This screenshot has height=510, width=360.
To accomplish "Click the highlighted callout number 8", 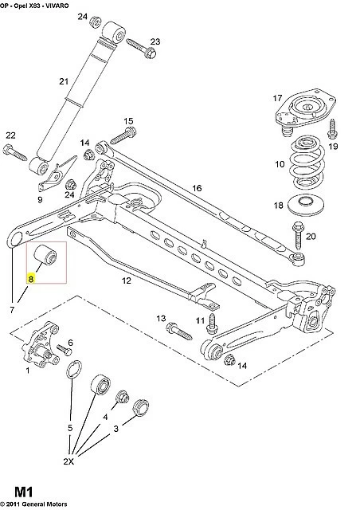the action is click(31, 279).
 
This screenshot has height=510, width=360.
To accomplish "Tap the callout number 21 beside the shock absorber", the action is click(64, 81).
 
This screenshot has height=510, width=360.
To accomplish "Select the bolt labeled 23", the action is click(141, 48).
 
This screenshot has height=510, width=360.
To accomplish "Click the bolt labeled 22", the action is click(15, 152).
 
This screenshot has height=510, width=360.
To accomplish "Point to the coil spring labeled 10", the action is click(307, 163).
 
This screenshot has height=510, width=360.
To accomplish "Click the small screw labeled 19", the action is click(333, 129).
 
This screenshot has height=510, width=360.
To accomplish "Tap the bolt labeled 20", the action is click(298, 236).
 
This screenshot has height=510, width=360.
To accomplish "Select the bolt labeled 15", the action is click(123, 135).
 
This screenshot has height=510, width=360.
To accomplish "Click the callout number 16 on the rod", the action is click(197, 188).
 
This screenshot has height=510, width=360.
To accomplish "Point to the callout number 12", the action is click(126, 280).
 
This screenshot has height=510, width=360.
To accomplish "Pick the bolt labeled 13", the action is click(179, 331).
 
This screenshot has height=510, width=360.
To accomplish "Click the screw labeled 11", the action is click(212, 323).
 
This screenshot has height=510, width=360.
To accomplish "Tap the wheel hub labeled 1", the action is click(41, 344).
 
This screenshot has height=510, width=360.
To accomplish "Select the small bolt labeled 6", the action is click(65, 350).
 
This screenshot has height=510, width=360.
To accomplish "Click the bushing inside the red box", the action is click(45, 254).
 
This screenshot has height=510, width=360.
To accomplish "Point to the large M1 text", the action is click(24, 492).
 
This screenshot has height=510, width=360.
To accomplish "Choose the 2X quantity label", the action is click(68, 461).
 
